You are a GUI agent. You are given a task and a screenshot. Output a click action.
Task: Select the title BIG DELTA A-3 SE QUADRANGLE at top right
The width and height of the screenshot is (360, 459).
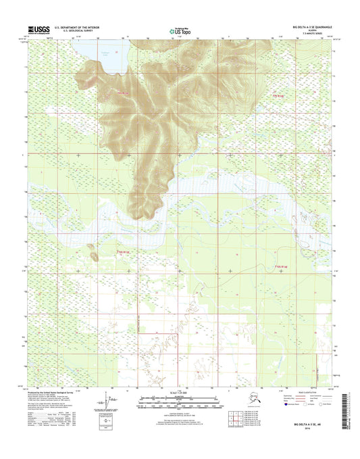point(306,27)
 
